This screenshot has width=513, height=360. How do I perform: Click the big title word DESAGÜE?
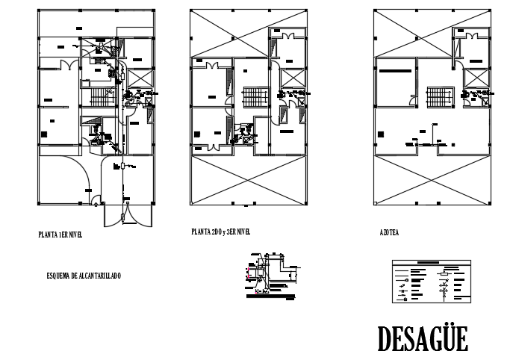coord(423,338)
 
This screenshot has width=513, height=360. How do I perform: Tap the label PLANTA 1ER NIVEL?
coord(60,235)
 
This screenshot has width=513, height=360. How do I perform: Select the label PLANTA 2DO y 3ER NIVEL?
coord(220,232)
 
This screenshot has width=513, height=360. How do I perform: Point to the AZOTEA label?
coord(389,233)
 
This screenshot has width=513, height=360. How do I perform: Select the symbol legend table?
coord(432,280)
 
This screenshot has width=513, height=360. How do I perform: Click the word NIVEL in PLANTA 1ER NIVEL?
coord(73,235)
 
